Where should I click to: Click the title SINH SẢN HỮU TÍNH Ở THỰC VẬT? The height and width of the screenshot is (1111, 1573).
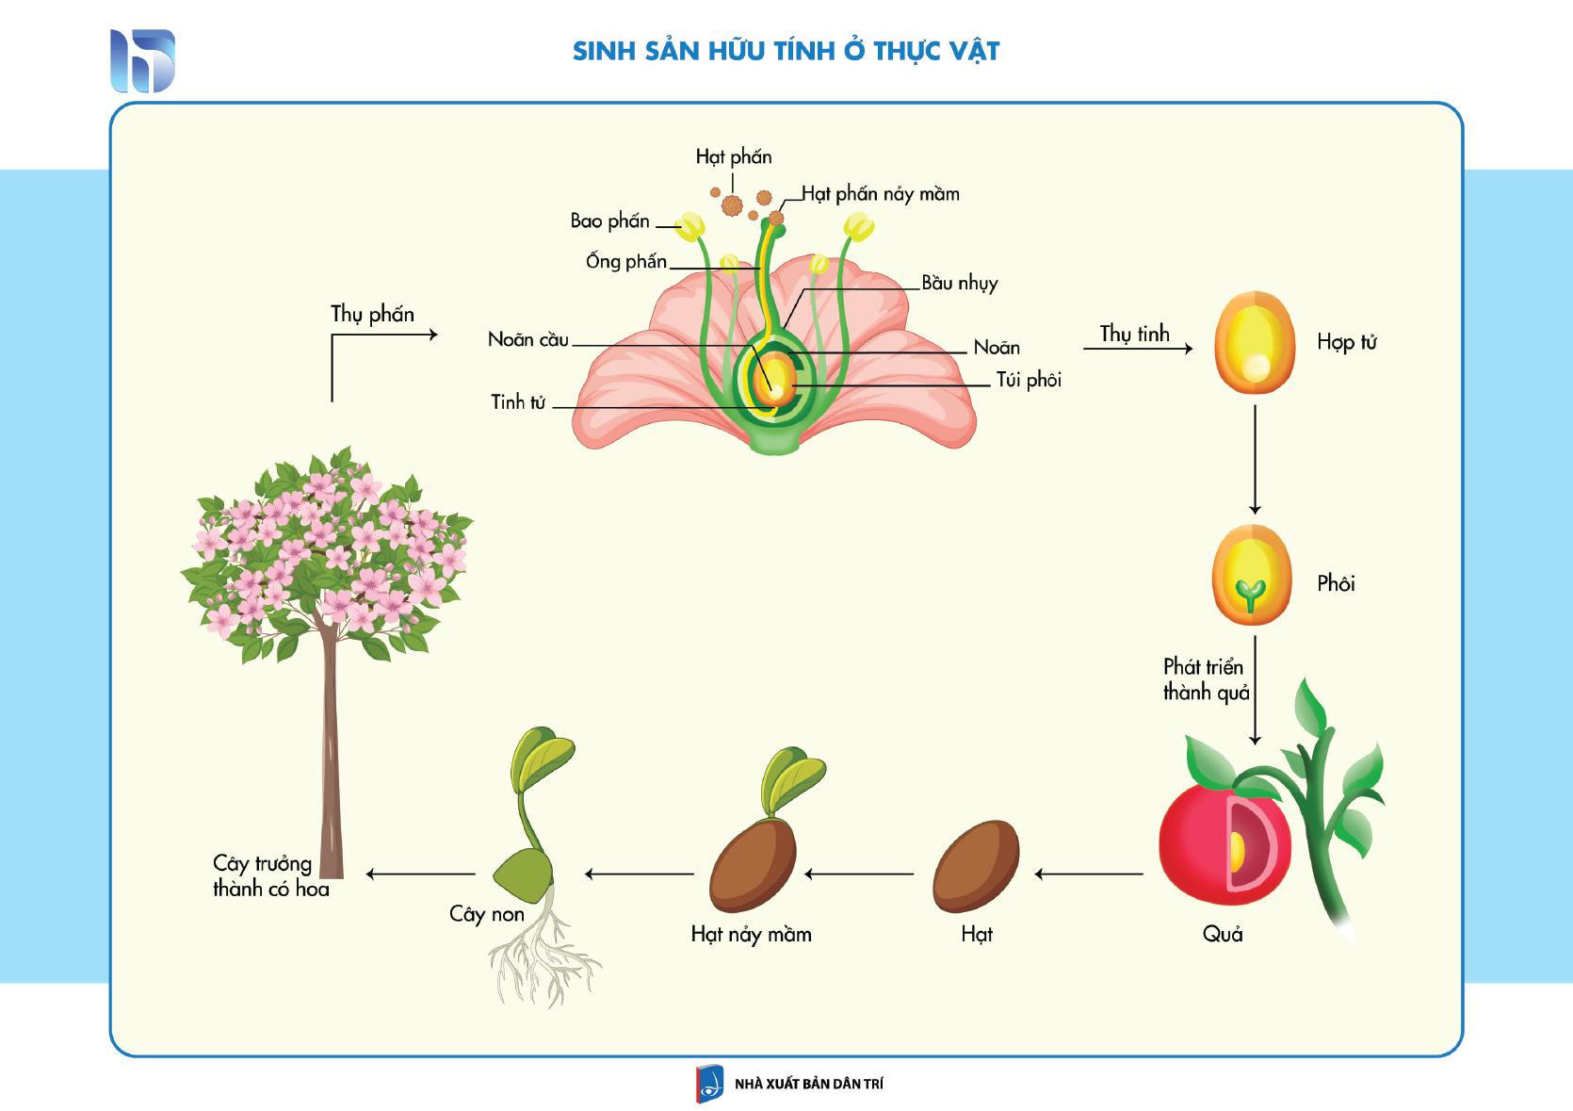pos(786,51)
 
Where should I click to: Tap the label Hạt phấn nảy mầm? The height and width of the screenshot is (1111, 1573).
pos(881,194)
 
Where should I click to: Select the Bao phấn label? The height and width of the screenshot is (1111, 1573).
pos(609,221)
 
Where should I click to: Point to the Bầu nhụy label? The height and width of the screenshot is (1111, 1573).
pos(959,284)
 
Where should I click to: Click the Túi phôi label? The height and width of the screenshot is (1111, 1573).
pos(1029,380)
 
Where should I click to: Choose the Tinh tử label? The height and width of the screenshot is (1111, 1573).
pos(518,402)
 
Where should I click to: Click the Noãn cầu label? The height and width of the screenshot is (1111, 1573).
pos(528,339)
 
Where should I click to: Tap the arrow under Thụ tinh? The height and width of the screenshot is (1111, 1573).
pos(1138,348)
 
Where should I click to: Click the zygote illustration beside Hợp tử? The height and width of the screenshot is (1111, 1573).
pos(1255,342)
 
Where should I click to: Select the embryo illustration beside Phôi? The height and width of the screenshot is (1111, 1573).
pos(1252,575)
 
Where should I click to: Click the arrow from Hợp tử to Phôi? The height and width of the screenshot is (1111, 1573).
pos(1255,460)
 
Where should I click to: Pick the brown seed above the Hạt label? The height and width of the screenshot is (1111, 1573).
pos(976,866)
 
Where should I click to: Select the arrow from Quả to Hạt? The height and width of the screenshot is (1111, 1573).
pos(1089,874)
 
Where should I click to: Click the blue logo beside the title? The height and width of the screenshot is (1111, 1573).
pos(142,61)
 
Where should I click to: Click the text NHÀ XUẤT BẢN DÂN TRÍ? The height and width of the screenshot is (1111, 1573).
pos(809,1084)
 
